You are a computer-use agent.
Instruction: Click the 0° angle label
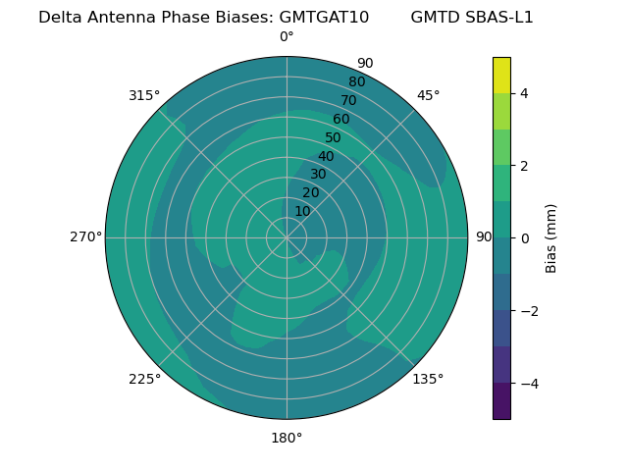pyautogui.click(x=287, y=37)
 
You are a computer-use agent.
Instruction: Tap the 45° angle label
pyautogui.click(x=429, y=95)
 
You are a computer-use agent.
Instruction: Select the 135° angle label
pyautogui.click(x=428, y=379)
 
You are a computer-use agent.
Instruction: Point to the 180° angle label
pyautogui.click(x=287, y=438)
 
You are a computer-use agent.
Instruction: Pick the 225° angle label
pyautogui.click(x=144, y=380)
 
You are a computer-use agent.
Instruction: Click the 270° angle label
pyautogui.click(x=85, y=236)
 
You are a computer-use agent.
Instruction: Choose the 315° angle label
pyautogui.click(x=144, y=95)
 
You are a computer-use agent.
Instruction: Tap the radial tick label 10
pyautogui.click(x=302, y=211)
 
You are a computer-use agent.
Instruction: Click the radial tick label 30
pyautogui.click(x=318, y=175)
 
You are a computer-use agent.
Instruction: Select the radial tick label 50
pyautogui.click(x=334, y=138)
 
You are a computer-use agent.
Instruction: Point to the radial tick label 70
pyautogui.click(x=349, y=100)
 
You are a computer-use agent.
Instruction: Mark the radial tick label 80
pyautogui.click(x=357, y=82)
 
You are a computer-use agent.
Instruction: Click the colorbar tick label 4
pyautogui.click(x=524, y=93)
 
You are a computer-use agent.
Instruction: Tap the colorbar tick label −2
pyautogui.click(x=528, y=311)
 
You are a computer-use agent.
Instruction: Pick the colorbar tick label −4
pyautogui.click(x=528, y=383)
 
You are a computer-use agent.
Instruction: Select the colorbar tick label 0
pyautogui.click(x=524, y=238)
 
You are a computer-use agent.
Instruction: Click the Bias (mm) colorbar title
pyautogui.click(x=551, y=238)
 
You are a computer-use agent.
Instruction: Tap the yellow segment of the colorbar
pyautogui.click(x=501, y=76)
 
